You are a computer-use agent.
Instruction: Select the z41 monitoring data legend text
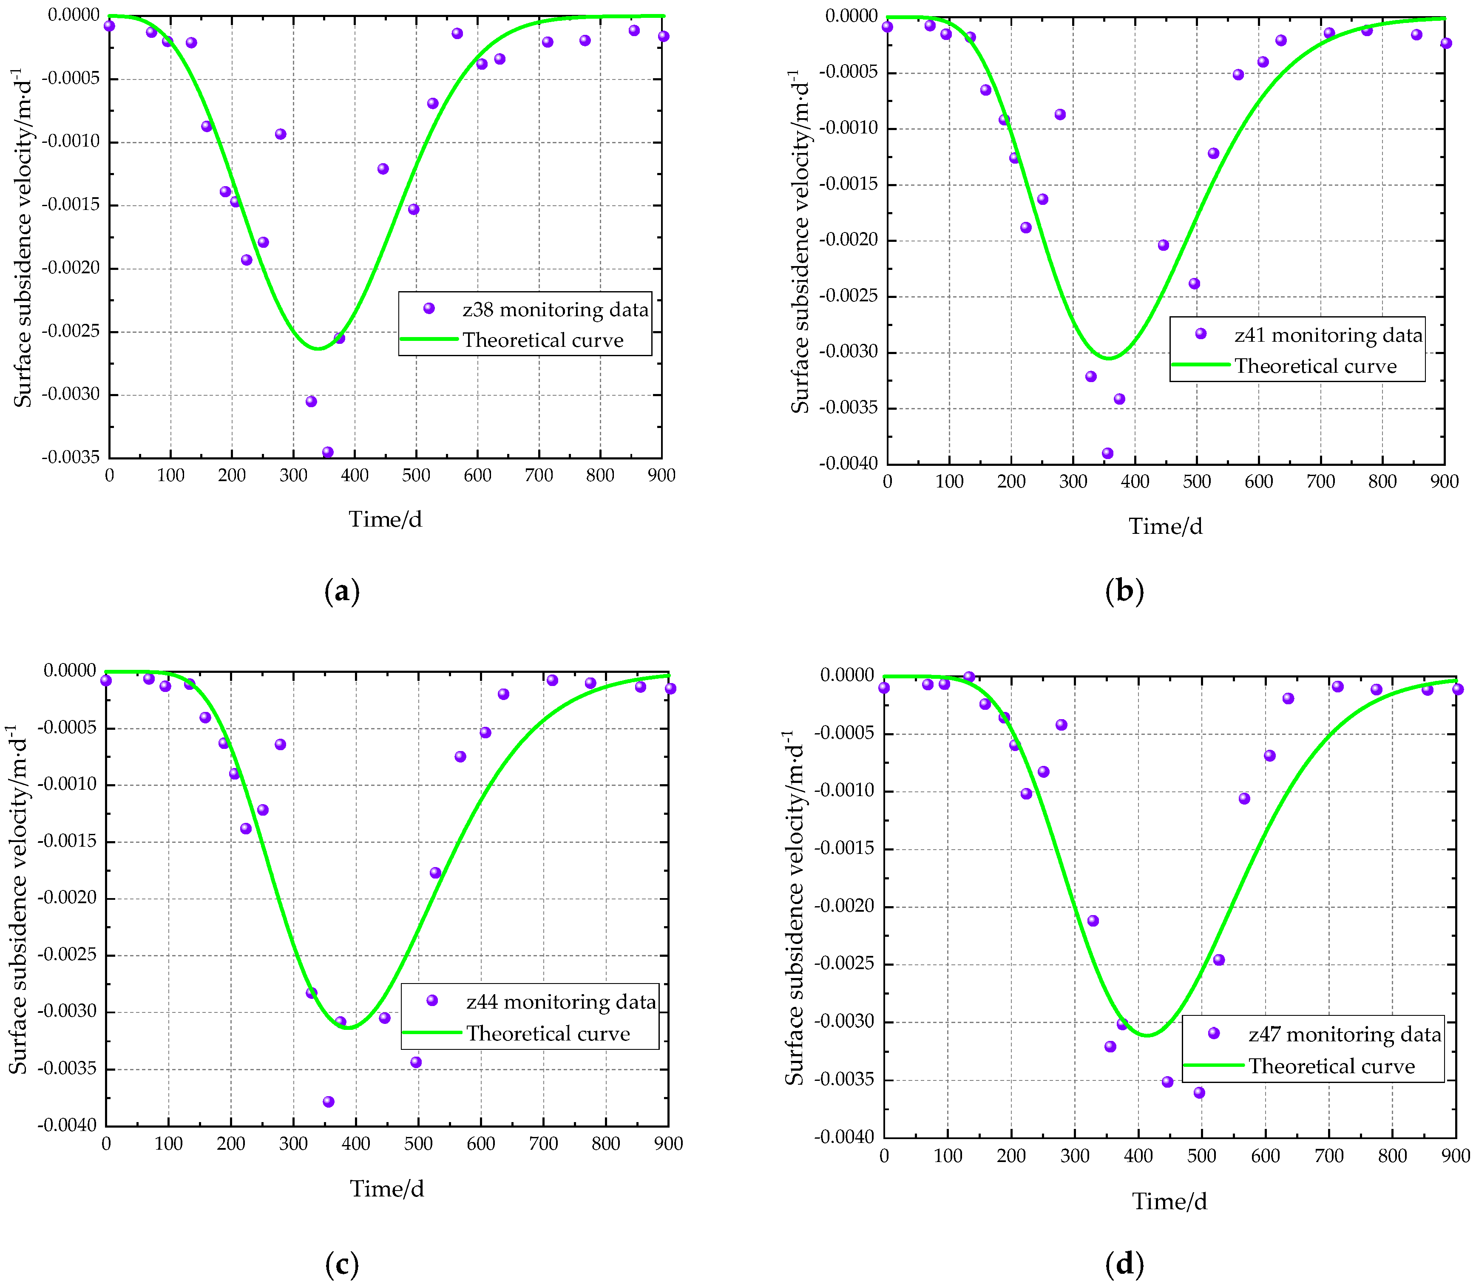[1328, 335]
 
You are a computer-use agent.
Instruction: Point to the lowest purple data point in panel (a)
[327, 452]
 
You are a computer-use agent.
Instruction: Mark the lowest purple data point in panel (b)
[1107, 453]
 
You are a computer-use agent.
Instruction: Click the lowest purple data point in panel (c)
[328, 1102]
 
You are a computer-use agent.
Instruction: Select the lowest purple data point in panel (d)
[1199, 1092]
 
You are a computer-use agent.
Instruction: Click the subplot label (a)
[342, 592]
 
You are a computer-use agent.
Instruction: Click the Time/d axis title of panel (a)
[385, 519]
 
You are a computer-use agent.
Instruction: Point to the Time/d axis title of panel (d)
[1169, 1202]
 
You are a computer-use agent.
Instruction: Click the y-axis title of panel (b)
[799, 241]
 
